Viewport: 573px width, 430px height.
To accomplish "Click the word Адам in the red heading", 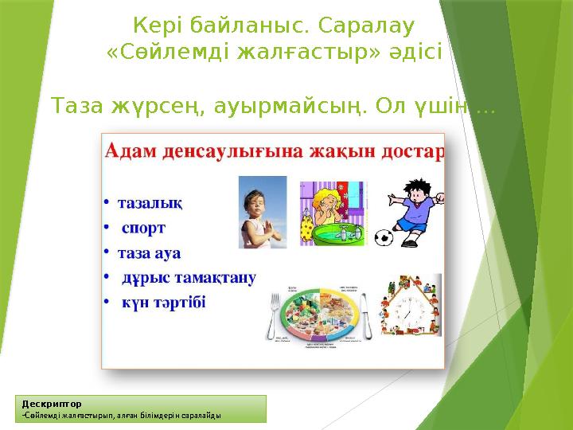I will click(131, 151).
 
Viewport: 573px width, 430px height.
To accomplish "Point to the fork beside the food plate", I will click(276, 319).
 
